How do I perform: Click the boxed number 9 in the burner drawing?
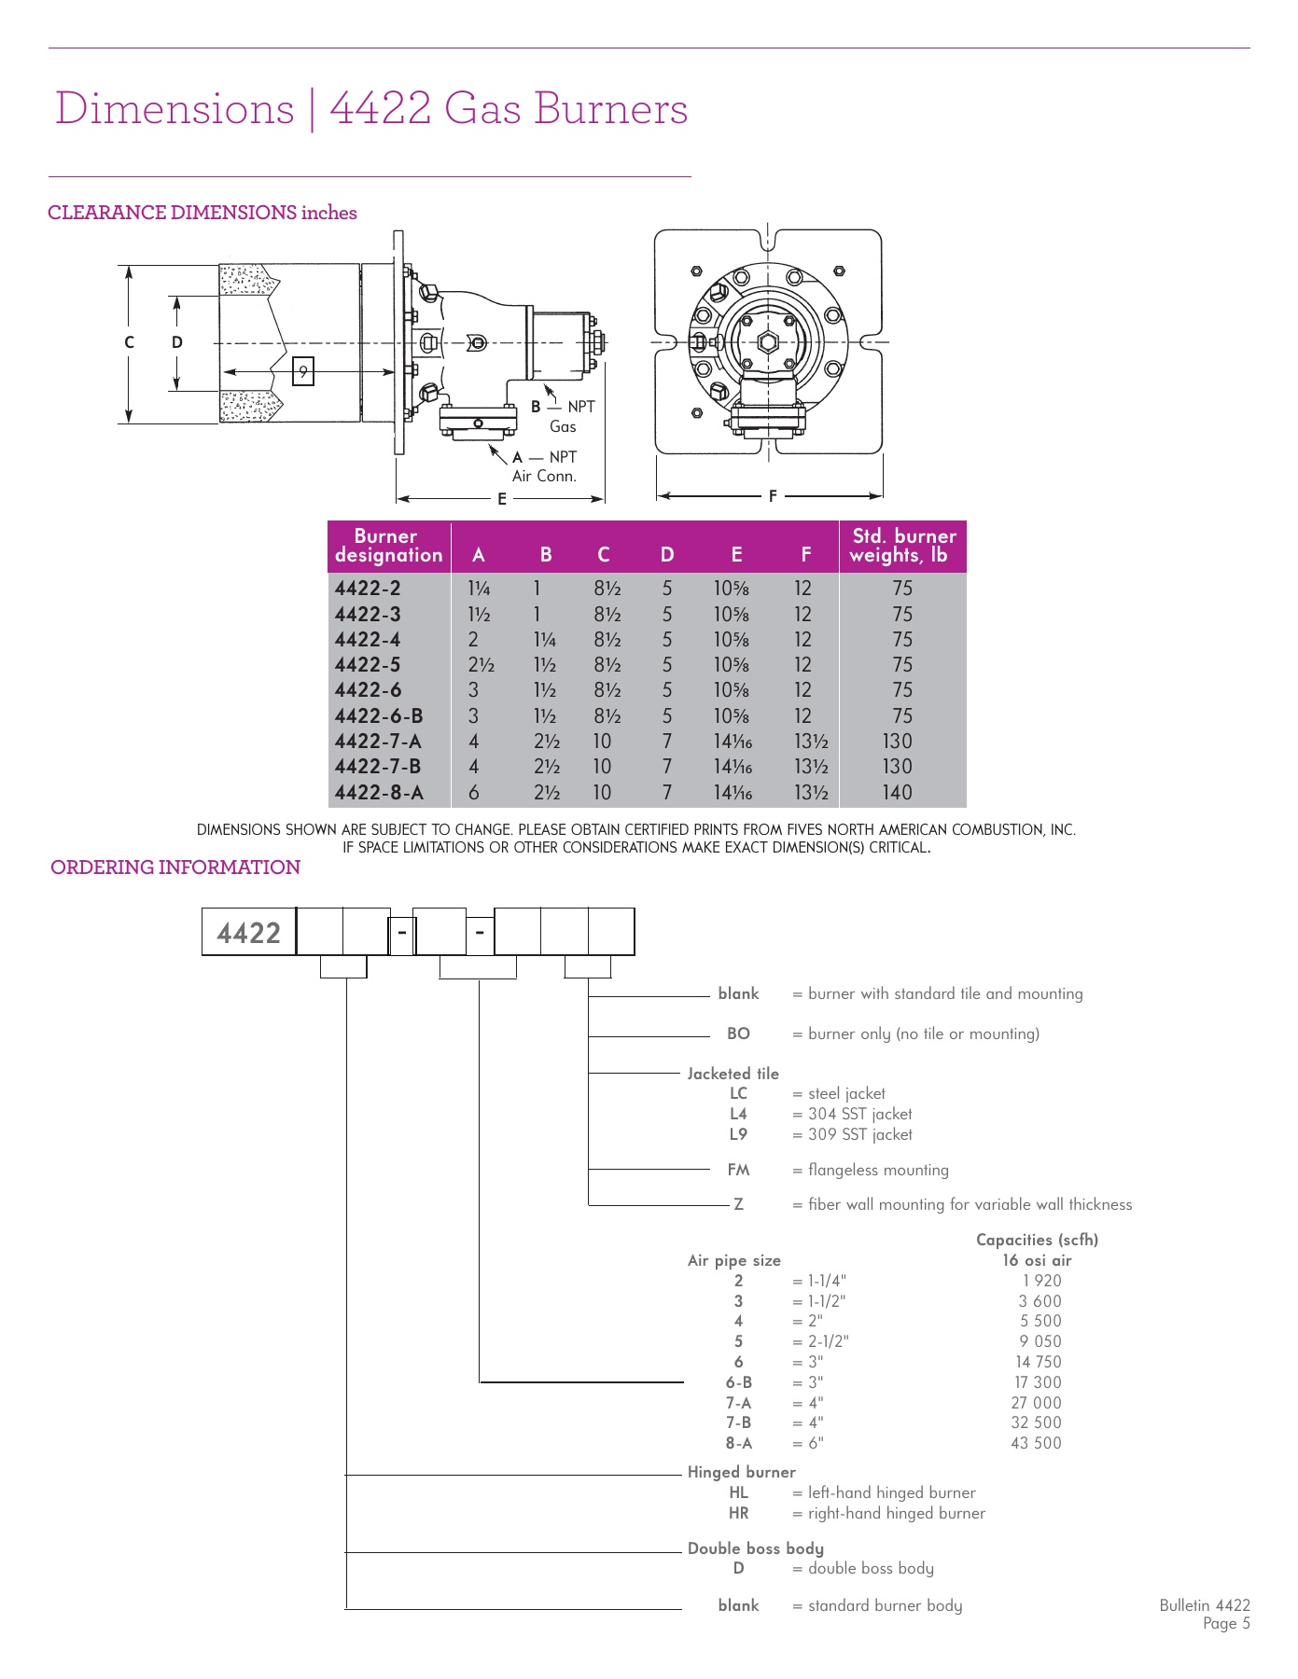303,371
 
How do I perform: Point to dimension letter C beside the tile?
130,342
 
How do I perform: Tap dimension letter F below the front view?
773,496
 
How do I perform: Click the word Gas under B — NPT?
563,426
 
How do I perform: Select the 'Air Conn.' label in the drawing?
544,476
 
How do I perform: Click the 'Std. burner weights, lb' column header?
903,546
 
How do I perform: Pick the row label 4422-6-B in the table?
379,715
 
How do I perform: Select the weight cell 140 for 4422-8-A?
897,792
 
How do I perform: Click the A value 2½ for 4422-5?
481,665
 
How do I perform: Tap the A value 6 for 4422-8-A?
474,792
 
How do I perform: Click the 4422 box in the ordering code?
248,932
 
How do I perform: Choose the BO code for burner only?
738,1034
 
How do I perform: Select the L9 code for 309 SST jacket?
738,1134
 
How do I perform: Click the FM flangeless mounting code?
738,1170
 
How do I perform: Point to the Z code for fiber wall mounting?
738,1204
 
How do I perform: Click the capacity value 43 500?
1036,1443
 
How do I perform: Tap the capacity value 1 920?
1041,1281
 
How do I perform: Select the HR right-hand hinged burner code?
738,1513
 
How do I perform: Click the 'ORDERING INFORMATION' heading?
175,867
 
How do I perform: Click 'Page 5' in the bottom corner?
1225,1624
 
